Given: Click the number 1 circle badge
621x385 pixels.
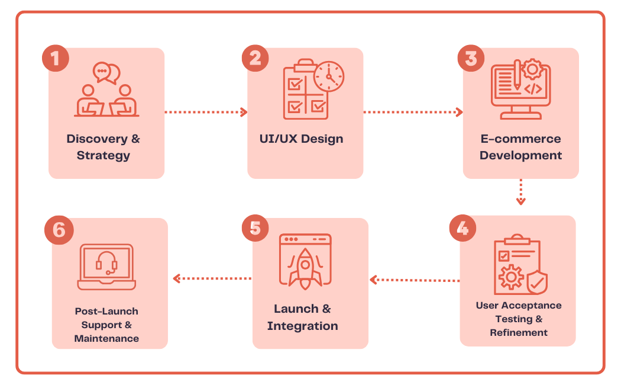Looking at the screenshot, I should pos(56,58).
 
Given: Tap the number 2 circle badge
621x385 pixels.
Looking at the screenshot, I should pos(255,58).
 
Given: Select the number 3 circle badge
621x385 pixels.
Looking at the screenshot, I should pos(471,58).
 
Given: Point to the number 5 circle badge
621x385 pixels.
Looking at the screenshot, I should pos(255,229).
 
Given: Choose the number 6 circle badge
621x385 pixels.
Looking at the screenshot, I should pos(59,230).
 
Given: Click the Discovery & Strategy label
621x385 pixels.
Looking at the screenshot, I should pos(103,147).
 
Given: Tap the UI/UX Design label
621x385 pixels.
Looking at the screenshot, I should pos(301,139).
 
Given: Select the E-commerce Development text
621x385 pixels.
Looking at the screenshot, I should pos(520,147).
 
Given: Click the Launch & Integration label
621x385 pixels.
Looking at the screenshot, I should pos(302,317).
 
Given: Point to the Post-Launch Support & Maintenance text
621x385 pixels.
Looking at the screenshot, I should pos(107,325).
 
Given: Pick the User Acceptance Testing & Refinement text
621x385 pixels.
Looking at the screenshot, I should pos(519,319).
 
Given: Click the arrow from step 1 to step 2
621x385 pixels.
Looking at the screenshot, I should pos(205,111).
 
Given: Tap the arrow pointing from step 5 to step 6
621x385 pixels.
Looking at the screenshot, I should pos(211,278).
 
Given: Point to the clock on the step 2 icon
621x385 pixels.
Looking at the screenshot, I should pos(329,76).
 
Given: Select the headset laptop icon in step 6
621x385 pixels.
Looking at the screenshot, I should pos(106,267).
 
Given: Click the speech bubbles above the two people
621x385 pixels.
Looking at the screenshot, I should pos(106,72).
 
